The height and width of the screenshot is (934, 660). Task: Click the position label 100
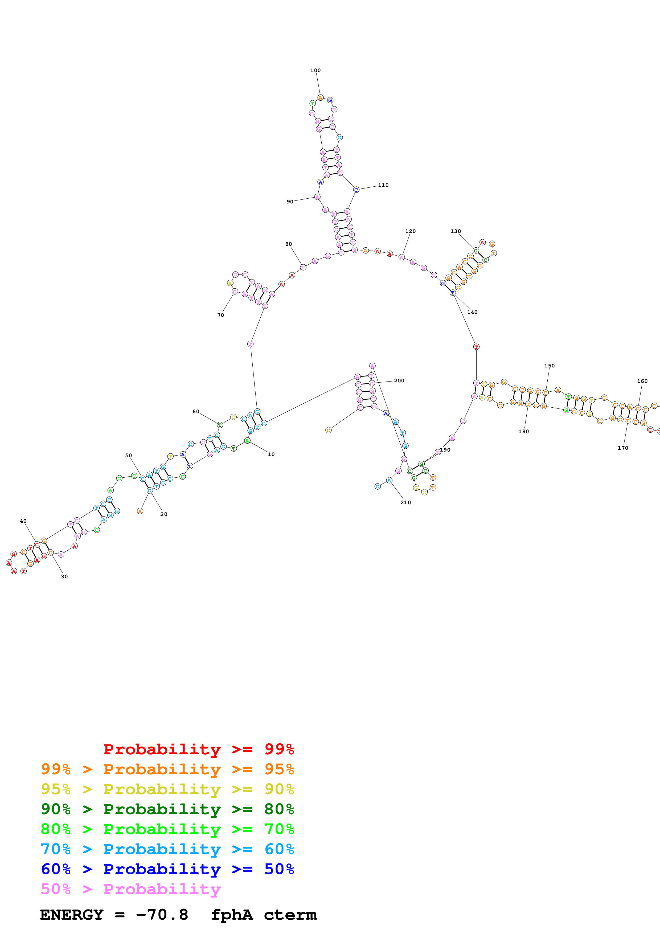pos(315,70)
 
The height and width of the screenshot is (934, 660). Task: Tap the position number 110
pos(383,185)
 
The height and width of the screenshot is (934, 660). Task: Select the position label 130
pos(456,231)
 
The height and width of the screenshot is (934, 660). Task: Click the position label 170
pos(622,448)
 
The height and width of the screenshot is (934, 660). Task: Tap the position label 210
pos(405,502)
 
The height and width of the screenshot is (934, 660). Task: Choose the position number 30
pos(64,576)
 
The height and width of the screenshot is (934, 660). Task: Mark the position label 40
pos(23,521)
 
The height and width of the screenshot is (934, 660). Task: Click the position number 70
pos(220,315)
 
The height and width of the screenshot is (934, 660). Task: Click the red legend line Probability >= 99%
pos(198,749)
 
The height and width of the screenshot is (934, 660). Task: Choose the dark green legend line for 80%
pos(167,809)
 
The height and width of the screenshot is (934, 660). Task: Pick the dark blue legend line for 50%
pos(167,869)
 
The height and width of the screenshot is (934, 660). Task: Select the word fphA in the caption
pos(232,915)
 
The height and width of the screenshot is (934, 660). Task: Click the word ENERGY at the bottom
pos(72,915)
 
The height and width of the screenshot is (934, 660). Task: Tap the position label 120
pos(410,231)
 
